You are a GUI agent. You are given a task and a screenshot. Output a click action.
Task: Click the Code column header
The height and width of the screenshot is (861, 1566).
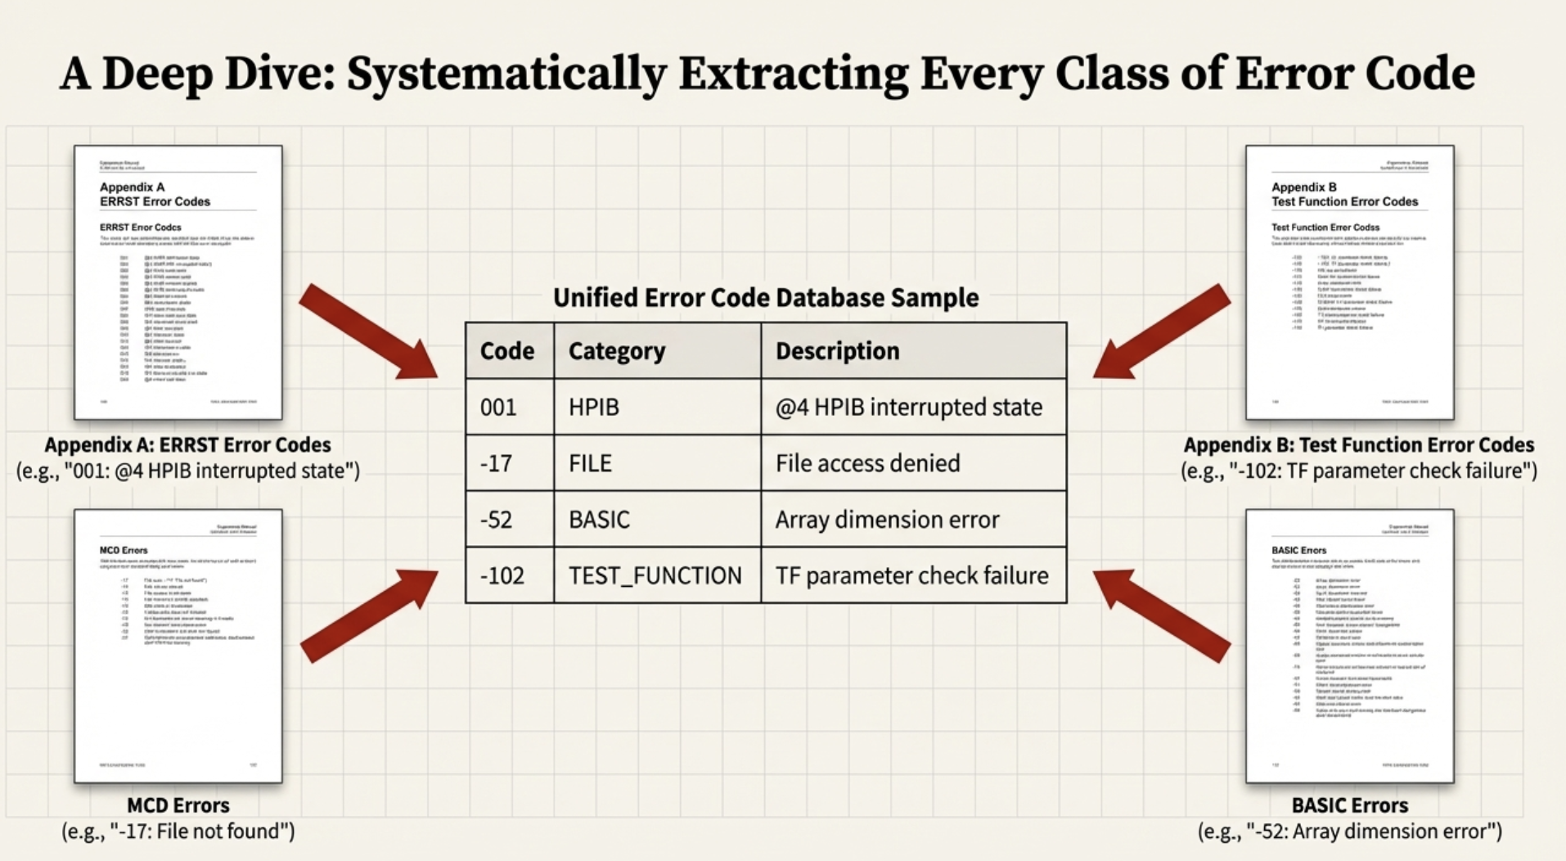(507, 351)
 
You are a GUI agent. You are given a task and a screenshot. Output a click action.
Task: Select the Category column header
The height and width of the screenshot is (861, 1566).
(617, 351)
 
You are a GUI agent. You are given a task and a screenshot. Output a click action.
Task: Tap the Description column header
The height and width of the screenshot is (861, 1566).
(837, 351)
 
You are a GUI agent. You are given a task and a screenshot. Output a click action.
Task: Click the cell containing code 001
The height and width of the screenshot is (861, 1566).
(498, 407)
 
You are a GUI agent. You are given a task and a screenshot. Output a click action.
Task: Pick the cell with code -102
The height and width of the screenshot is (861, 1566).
(502, 575)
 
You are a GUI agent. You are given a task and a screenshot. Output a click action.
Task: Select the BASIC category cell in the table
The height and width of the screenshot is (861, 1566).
(599, 520)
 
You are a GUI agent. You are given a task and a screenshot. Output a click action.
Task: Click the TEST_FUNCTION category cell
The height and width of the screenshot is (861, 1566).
(655, 575)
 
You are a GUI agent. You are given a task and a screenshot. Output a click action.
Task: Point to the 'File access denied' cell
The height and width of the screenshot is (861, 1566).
(867, 463)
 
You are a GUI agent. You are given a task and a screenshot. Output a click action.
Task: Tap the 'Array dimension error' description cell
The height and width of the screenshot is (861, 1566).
(887, 520)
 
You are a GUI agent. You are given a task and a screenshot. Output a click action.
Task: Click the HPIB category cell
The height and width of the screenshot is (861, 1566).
(594, 407)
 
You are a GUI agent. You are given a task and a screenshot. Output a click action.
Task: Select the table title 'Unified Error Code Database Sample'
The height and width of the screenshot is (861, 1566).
(766, 297)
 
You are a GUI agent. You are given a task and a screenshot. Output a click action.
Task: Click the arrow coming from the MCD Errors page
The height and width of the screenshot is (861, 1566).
(368, 615)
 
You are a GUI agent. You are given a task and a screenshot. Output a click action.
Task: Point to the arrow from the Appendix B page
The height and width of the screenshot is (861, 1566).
(1162, 332)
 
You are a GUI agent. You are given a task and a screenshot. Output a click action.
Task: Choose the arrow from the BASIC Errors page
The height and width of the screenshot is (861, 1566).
(1162, 615)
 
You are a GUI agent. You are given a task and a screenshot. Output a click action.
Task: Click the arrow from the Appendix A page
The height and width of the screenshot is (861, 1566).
(368, 332)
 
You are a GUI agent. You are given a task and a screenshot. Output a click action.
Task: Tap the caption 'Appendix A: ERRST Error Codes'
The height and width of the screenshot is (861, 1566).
(187, 444)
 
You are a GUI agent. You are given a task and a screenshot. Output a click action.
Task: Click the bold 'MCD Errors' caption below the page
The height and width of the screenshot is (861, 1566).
(178, 805)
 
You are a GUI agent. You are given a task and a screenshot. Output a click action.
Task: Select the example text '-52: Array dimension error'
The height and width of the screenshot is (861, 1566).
(1350, 832)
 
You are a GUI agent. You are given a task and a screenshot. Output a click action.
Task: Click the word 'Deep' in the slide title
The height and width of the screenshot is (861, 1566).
(157, 74)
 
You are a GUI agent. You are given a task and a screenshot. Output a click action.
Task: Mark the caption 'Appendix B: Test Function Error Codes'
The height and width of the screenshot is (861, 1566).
(1358, 444)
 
